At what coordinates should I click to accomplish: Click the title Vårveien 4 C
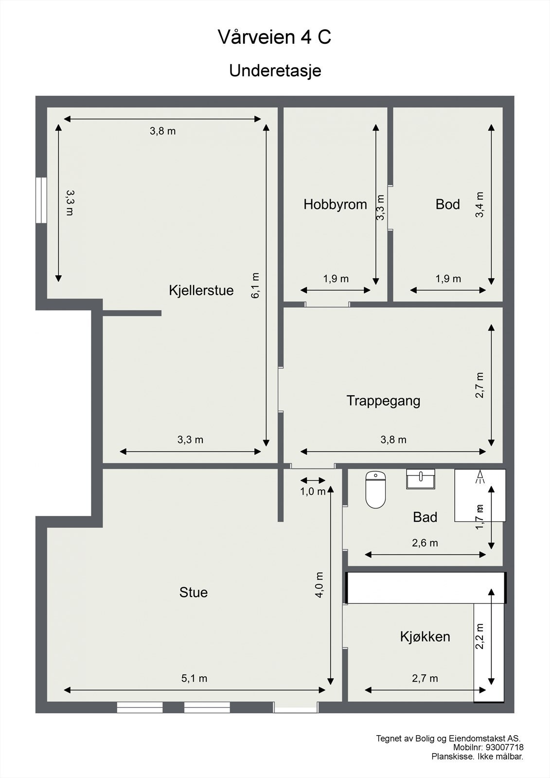275,37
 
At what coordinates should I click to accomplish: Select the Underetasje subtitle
275,71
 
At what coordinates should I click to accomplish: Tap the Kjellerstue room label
201,290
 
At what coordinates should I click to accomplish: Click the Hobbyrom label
335,204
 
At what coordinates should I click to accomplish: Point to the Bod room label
447,204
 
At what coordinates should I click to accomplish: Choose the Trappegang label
383,401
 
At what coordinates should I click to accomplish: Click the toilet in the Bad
375,490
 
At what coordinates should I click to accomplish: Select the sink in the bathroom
421,479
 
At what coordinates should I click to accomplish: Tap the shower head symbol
480,476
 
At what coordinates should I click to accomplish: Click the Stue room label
194,592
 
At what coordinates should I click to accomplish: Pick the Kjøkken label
425,637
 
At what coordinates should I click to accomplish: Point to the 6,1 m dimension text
256,285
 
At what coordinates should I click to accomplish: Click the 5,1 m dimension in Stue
195,678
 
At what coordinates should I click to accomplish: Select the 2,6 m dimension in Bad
425,543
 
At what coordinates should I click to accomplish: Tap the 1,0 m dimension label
313,492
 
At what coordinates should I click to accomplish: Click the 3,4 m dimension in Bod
480,204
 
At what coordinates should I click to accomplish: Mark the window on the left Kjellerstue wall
41,200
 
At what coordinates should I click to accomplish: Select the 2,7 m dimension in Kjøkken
425,678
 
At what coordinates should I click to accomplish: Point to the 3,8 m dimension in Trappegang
393,440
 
